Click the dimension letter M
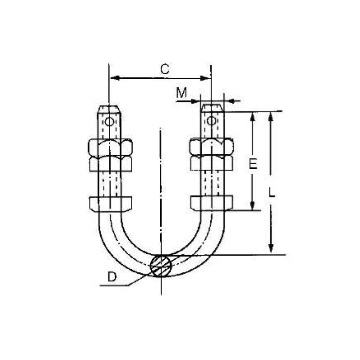[x=181, y=93]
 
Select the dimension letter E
[x=253, y=164]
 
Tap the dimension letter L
[x=272, y=192]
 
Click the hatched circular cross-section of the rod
[x=161, y=265]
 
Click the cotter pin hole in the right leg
[x=211, y=121]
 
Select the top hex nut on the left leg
[x=110, y=147]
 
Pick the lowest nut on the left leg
[x=110, y=204]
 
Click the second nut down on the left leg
[x=110, y=163]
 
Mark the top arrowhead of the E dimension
[x=252, y=116]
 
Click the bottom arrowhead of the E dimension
[x=252, y=206]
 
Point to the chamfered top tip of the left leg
[x=109, y=108]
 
